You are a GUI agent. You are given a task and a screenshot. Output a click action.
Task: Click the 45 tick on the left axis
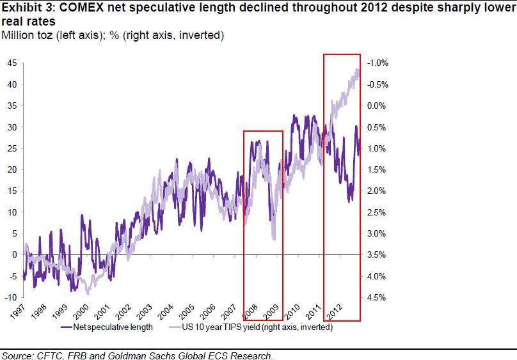(12, 63)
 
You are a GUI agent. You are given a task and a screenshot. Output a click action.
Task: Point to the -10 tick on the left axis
(10, 297)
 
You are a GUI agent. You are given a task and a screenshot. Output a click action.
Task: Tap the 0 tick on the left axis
(13, 254)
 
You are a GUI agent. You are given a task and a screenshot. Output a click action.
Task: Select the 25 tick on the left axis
(12, 148)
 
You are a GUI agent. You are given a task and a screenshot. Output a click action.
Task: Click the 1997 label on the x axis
(18, 313)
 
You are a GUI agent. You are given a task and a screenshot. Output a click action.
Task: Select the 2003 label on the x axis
(145, 313)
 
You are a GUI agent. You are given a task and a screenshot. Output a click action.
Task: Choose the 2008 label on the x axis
(250, 313)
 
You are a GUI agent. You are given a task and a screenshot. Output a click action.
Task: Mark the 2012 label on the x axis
(335, 313)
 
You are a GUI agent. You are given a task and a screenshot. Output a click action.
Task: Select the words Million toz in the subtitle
(24, 35)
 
